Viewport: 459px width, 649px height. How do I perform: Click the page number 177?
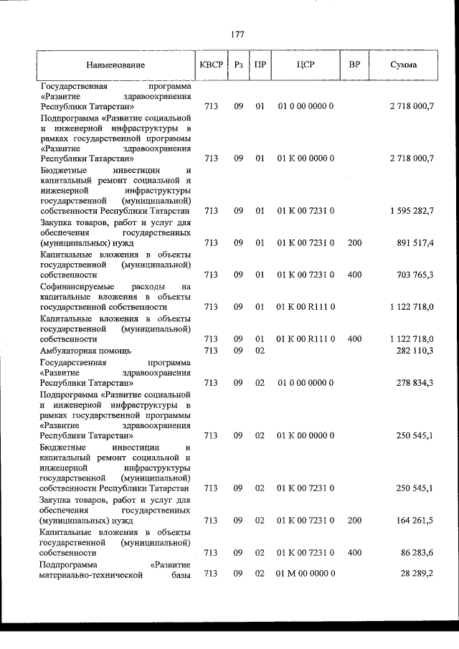pyautogui.click(x=238, y=34)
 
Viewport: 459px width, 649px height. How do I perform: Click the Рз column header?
pyautogui.click(x=239, y=65)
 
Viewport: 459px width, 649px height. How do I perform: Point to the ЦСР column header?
pyautogui.click(x=306, y=65)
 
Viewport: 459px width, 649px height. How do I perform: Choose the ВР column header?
pyautogui.click(x=354, y=65)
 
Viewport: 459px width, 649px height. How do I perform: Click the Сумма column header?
pyautogui.click(x=404, y=65)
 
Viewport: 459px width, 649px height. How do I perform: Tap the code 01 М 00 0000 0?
pyautogui.click(x=306, y=574)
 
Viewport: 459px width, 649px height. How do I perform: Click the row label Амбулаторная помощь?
pyautogui.click(x=85, y=350)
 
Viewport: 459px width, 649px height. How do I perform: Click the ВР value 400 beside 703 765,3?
pyautogui.click(x=354, y=275)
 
